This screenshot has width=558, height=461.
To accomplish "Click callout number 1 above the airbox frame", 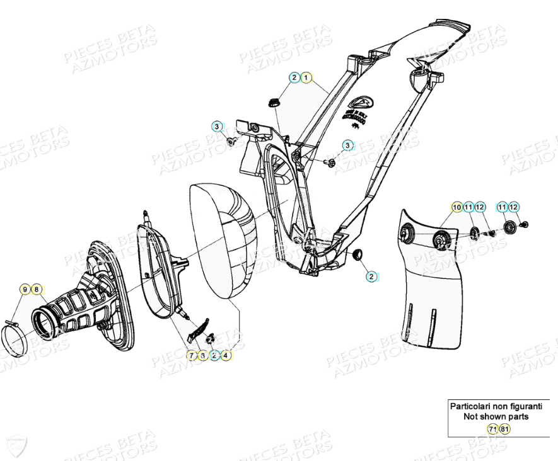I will click(x=306, y=77).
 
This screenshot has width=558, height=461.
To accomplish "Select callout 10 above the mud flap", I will click(x=456, y=207).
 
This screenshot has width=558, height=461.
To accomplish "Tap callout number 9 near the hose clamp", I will click(x=25, y=289).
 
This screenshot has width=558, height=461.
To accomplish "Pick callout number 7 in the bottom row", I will click(x=191, y=355).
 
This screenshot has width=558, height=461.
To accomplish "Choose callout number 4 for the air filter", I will click(x=225, y=355).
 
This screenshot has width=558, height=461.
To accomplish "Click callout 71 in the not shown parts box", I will click(x=492, y=429).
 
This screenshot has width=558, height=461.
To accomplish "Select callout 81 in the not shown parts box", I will click(x=504, y=429).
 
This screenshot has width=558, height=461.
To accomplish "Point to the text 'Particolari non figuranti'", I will click(x=495, y=406).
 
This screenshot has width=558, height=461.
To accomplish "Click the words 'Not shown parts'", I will click(x=496, y=416).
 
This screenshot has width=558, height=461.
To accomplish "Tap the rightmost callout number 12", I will click(x=514, y=207).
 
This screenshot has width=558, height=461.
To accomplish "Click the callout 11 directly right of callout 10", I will click(x=468, y=207).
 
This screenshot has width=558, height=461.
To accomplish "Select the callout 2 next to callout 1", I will click(x=294, y=77).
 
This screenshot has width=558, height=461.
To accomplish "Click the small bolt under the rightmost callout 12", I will click(x=525, y=224).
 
